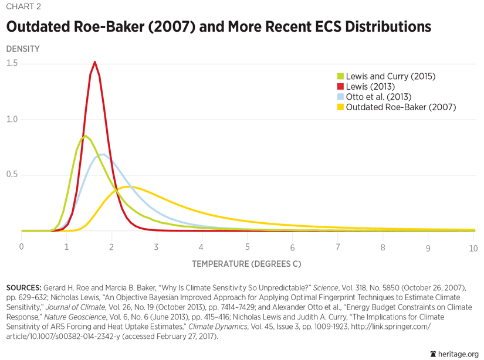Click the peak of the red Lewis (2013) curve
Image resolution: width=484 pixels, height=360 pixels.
point(94,62)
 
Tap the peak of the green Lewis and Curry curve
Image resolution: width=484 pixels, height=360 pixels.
point(86,136)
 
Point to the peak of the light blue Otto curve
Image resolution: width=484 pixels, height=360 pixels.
point(103,155)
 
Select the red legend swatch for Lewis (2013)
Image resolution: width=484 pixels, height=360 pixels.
point(340,87)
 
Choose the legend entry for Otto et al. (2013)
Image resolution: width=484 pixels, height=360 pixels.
point(378,97)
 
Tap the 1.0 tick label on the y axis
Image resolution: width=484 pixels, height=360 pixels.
point(12,120)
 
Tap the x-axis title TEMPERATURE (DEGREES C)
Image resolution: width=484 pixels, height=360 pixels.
point(246,264)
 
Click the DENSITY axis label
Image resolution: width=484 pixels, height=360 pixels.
point(23,49)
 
